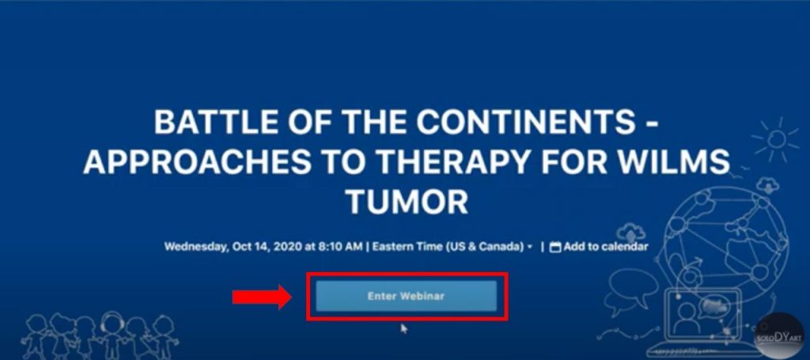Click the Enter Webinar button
tap(406, 296)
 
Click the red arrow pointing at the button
tap(262, 297)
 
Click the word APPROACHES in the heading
tap(197, 161)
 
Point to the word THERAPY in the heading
tap(447, 161)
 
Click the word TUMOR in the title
tap(407, 201)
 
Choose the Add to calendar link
tap(605, 246)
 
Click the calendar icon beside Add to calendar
tap(555, 247)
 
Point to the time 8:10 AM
tap(340, 246)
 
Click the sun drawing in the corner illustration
tap(776, 138)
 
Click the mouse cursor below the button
tap(404, 328)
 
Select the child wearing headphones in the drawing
tap(112, 334)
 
